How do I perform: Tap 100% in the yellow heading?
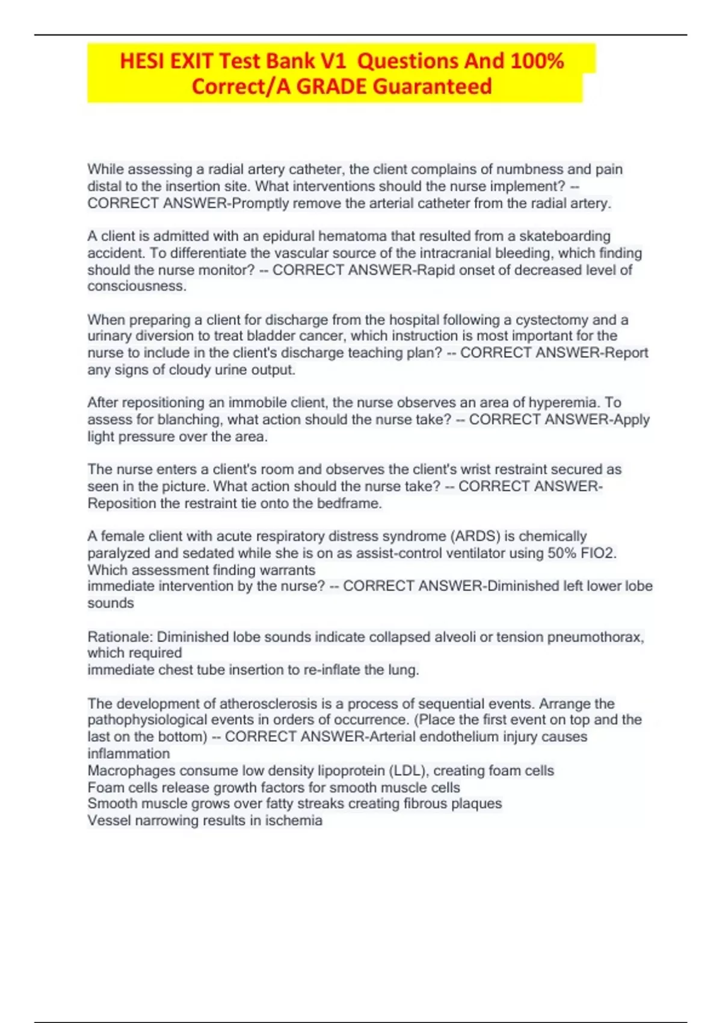click(537, 61)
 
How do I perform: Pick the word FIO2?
click(598, 553)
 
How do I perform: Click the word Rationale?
click(119, 637)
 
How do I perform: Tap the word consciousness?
click(136, 286)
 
